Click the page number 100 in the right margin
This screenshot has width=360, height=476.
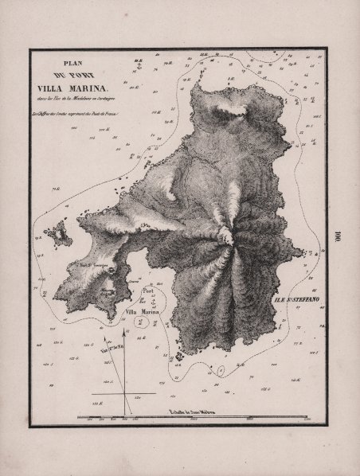click(338, 237)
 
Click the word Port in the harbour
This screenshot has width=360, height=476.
click(147, 291)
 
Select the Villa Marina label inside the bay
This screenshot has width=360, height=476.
click(144, 313)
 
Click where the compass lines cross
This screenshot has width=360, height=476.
click(123, 393)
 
